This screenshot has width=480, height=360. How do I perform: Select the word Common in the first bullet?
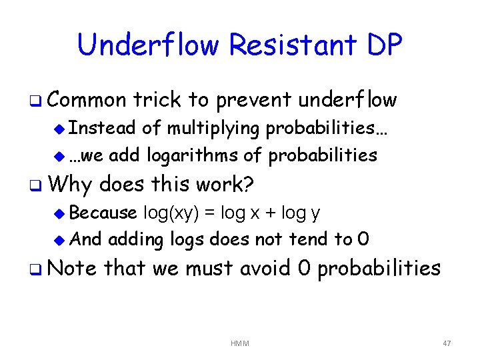click(x=86, y=100)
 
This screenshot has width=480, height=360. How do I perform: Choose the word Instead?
click(x=103, y=127)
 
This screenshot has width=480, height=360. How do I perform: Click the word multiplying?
click(x=214, y=127)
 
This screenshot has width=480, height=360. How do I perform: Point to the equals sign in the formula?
click(x=209, y=213)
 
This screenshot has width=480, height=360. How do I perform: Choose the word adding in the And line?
click(x=136, y=239)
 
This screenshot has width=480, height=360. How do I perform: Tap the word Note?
click(x=72, y=268)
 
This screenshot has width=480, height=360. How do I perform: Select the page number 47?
click(x=447, y=343)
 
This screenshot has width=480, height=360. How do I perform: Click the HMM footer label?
click(x=239, y=343)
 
